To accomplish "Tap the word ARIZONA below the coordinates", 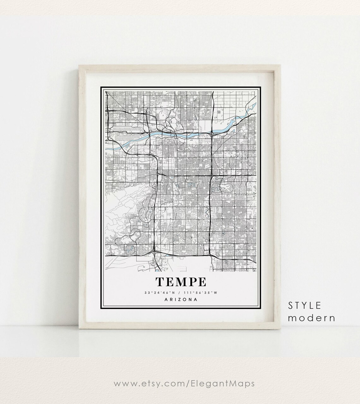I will pyautogui.click(x=180, y=299).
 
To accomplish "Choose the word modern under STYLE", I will pyautogui.click(x=311, y=318).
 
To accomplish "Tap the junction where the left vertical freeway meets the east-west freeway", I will pyautogui.click(x=158, y=173).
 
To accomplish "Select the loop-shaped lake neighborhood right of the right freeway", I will pyautogui.click(x=225, y=186).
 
